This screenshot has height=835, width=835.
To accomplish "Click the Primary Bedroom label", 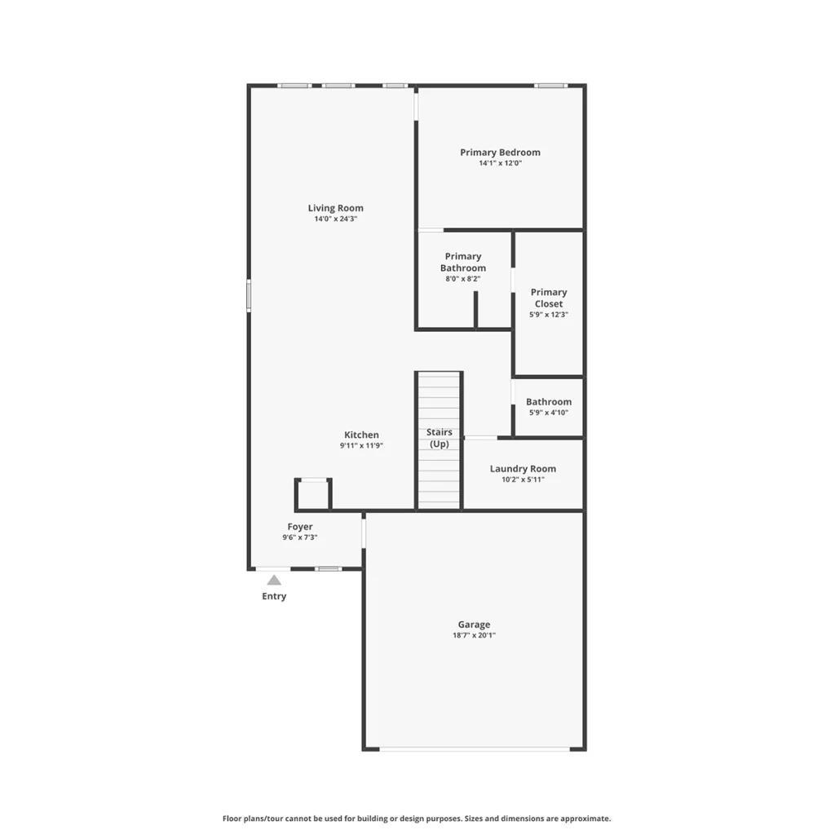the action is [x=500, y=152].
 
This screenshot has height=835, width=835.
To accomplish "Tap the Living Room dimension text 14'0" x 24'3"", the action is [x=335, y=219].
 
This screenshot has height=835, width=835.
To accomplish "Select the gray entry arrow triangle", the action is [x=274, y=580].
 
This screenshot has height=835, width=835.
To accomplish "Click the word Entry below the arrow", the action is [x=274, y=596].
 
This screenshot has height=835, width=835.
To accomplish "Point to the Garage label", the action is [x=474, y=624].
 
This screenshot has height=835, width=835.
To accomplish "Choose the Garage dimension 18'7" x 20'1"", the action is [x=474, y=635].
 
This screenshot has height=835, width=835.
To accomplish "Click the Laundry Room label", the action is [x=523, y=469].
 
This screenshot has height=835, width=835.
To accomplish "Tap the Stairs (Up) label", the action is [x=440, y=438].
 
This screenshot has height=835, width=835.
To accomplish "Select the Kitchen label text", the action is [x=361, y=435].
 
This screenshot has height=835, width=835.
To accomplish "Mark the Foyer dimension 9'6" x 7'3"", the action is [x=300, y=537].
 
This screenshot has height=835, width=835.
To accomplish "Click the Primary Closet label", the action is [x=549, y=298].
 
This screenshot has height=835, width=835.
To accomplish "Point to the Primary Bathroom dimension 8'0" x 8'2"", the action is [x=463, y=279].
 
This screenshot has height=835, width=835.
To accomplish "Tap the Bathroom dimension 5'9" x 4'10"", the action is [x=549, y=413].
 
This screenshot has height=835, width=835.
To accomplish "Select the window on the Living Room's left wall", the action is [x=248, y=295].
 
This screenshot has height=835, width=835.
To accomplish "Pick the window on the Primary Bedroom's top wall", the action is [x=550, y=85].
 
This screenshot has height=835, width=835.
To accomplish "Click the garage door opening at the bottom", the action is [x=475, y=749].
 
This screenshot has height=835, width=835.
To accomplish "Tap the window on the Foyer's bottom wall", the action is [x=328, y=568].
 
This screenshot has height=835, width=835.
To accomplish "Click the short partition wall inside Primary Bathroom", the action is [x=475, y=309].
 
